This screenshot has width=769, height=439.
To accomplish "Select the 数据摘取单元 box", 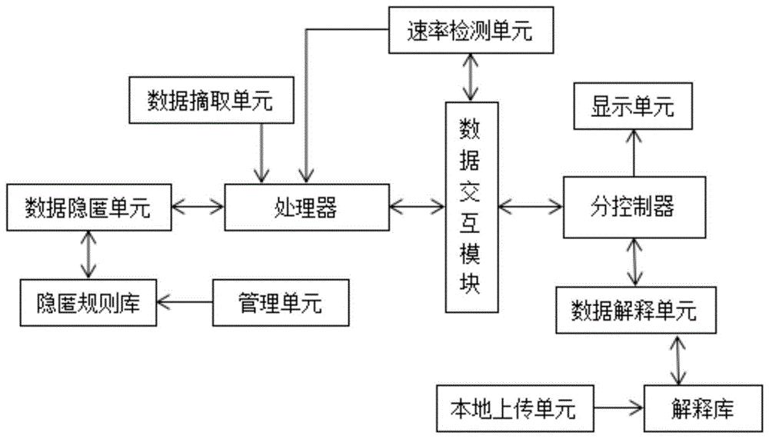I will click(211, 101).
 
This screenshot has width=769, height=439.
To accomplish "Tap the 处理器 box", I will click(306, 207).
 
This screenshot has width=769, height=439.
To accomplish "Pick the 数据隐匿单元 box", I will click(88, 207).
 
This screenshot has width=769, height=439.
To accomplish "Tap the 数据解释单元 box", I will click(633, 310).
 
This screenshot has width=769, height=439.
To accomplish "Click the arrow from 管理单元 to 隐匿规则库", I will click(185, 303).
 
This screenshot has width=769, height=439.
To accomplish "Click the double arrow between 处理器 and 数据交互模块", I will click(418, 207).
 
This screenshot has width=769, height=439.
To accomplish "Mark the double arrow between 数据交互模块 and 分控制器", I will click(530, 207).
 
